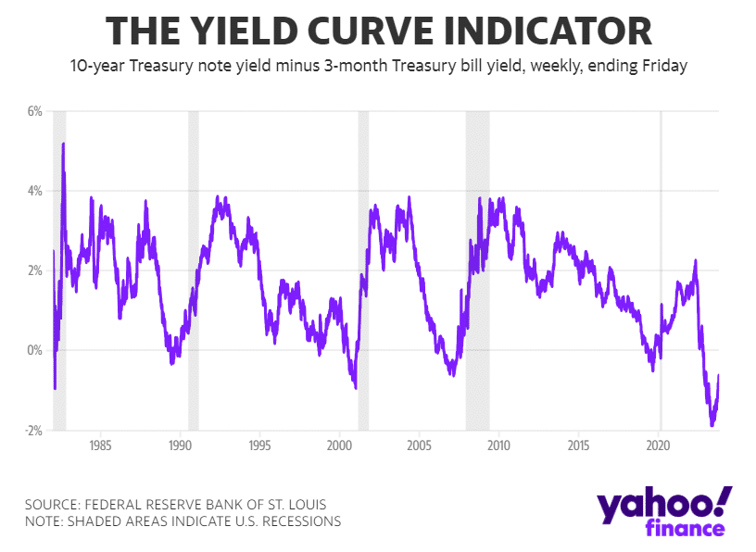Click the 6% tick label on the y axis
35,111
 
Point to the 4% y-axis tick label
35,191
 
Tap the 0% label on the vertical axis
35,350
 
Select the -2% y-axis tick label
33,431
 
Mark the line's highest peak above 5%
63,144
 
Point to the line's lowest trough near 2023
712,424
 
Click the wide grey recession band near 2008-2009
477,269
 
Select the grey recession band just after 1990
194,269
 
